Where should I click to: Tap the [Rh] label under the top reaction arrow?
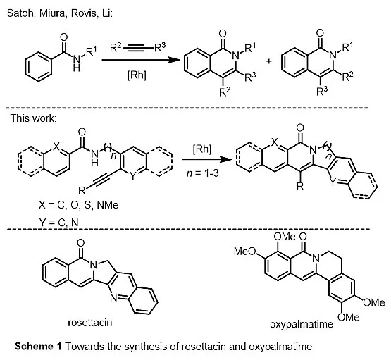(x=137, y=75)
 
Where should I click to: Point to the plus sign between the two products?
(x=269, y=61)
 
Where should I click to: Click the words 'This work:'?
(x=34, y=118)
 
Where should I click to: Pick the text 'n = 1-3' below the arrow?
(x=202, y=173)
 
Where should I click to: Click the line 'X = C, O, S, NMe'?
(x=78, y=205)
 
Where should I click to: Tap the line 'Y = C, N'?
(x=58, y=222)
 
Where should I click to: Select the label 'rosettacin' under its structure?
(x=90, y=323)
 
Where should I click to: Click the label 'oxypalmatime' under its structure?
(x=302, y=324)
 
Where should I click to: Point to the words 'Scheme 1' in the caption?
(x=38, y=347)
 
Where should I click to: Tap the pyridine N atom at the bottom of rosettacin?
(x=113, y=298)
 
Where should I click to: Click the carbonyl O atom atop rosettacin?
(x=80, y=242)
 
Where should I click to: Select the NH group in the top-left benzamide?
(x=77, y=63)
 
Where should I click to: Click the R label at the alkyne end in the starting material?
(x=82, y=191)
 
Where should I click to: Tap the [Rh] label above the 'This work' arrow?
(x=201, y=149)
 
